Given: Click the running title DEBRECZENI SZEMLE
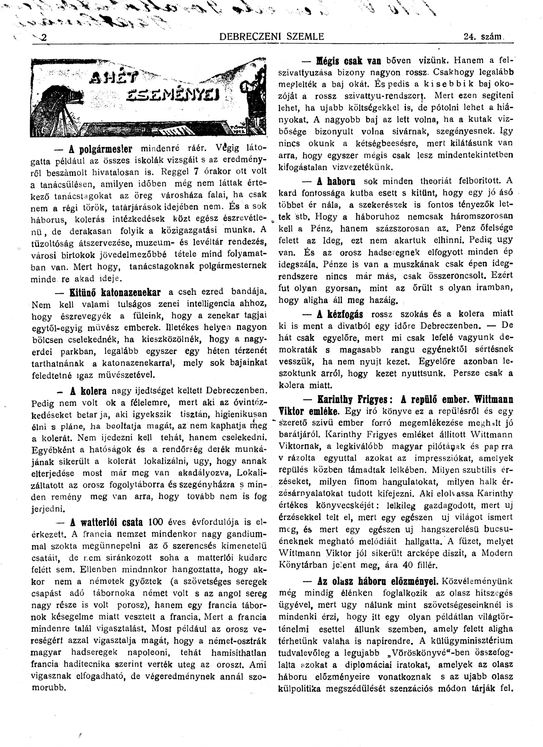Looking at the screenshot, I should click(x=271, y=36).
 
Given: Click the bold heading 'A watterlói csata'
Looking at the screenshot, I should click(x=107, y=522).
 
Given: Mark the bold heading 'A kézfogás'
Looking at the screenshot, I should click(x=340, y=315).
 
